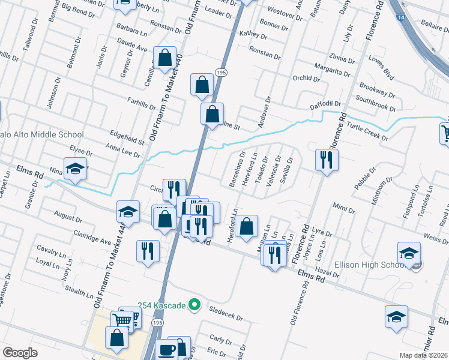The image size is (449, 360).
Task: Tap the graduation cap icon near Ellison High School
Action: [409, 254]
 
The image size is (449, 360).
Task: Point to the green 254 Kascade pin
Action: [194, 305]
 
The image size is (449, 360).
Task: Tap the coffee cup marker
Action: [167, 350]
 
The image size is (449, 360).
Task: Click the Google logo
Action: [20, 353]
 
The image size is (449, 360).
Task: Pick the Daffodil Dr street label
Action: [325, 106]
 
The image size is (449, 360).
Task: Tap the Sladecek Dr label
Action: [226, 313]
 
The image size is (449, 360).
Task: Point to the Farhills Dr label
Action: [142, 103]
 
